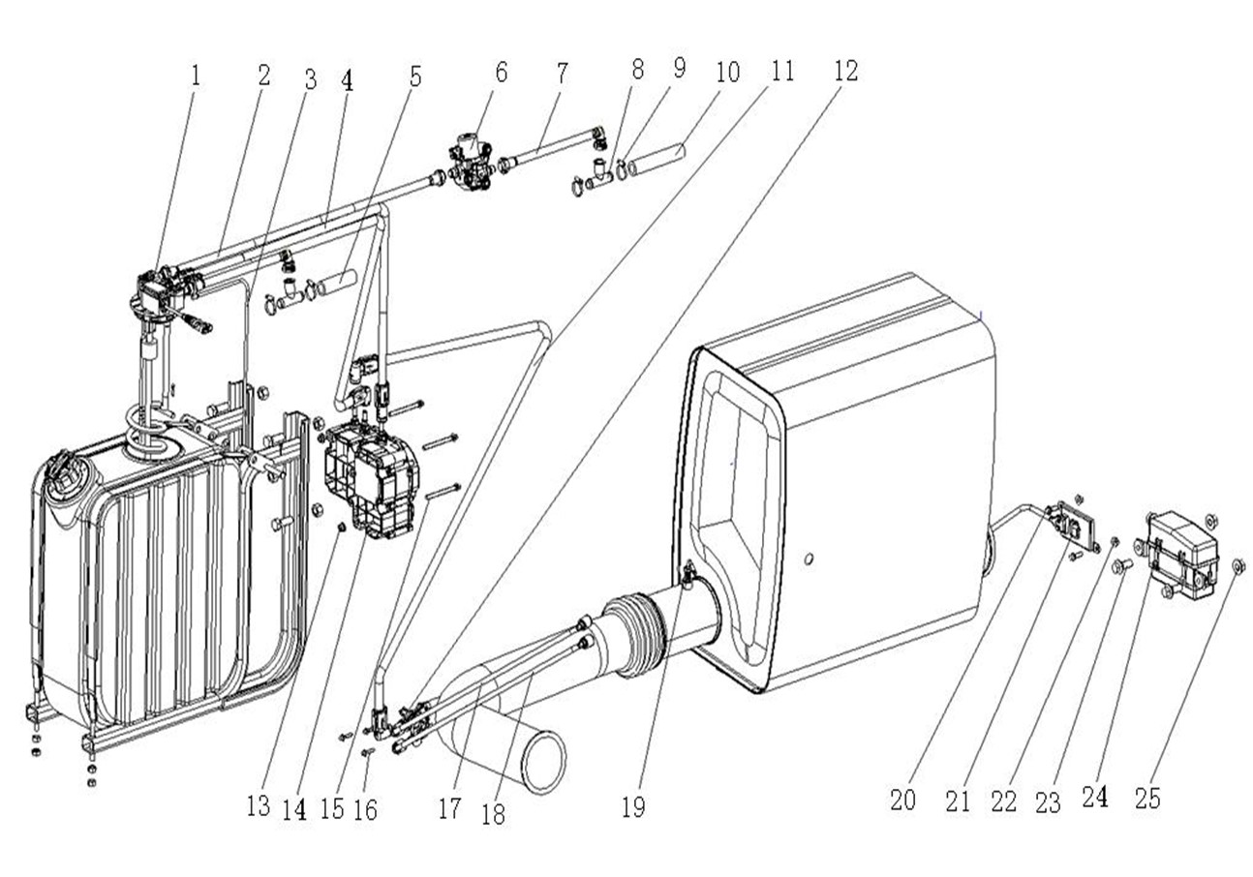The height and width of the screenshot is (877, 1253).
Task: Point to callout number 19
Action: (x=633, y=806)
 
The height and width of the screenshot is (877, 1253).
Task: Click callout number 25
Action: (x=1148, y=799)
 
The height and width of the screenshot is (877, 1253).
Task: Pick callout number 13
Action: (x=258, y=806)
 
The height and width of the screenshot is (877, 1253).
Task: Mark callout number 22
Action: (x=1004, y=801)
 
